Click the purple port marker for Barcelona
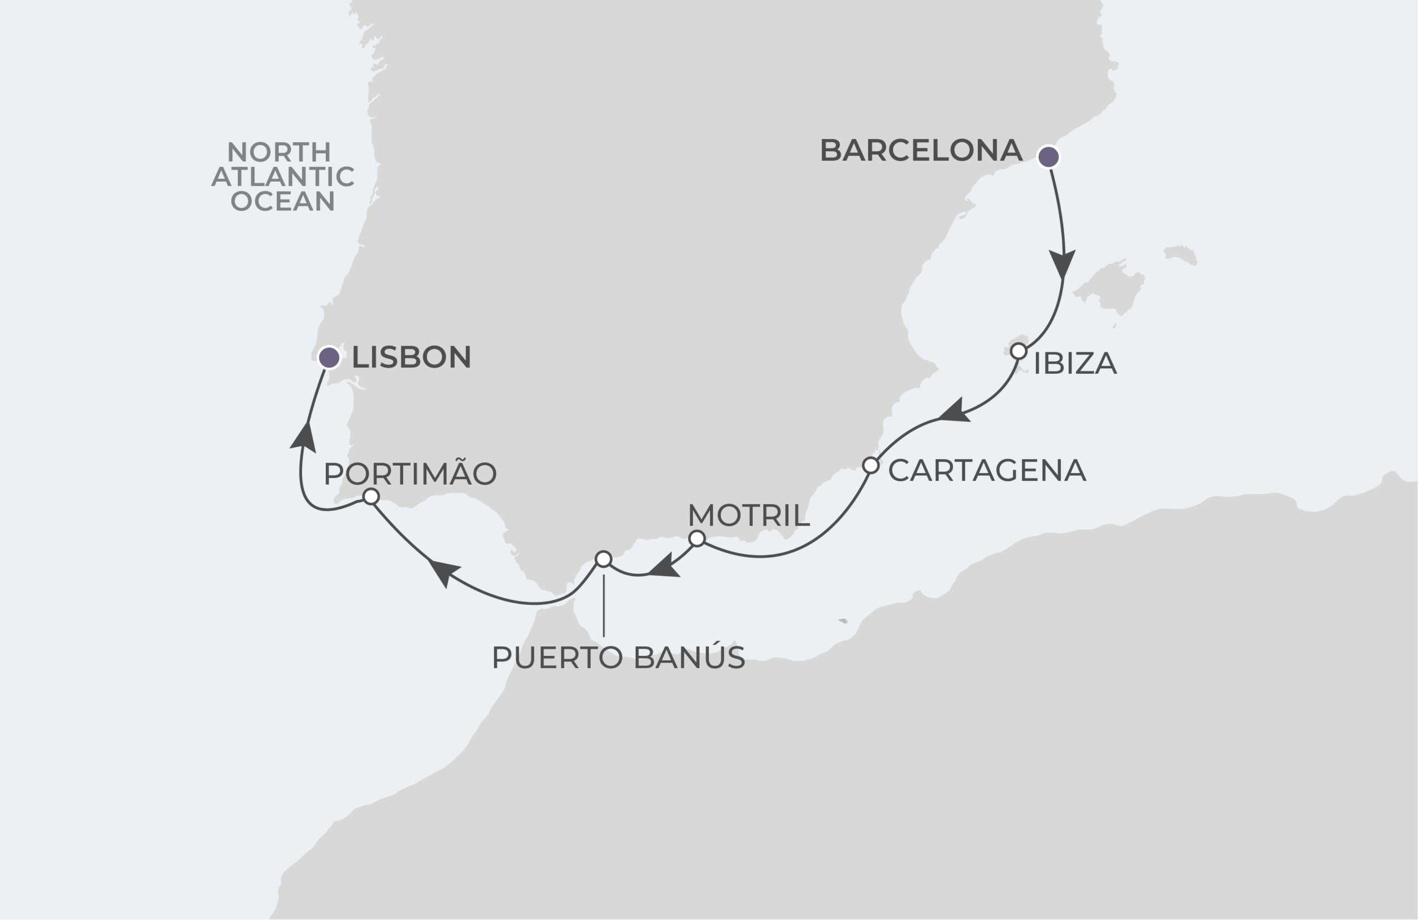1049,157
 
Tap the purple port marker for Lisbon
329,357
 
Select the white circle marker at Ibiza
1018,352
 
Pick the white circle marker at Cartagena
870,465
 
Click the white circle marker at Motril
696,539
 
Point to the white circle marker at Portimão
371,496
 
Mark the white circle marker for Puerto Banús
604,559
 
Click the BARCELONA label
921,150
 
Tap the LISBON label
411,357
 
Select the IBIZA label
1074,363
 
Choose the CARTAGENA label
987,471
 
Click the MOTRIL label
748,516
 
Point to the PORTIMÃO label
410,474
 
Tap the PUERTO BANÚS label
618,658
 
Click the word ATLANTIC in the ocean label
283,177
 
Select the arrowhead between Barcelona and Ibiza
1063,263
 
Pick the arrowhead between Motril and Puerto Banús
663,568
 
